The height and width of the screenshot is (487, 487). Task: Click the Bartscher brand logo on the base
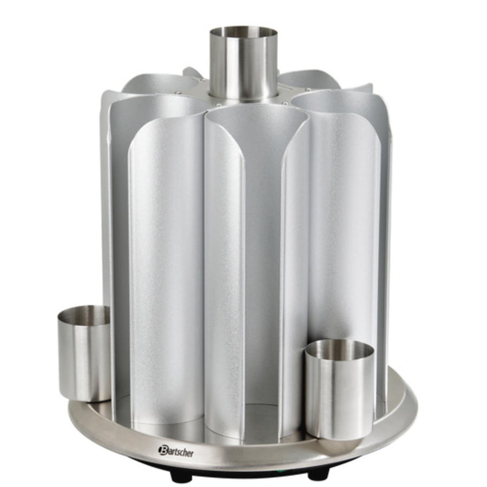[x=176, y=450]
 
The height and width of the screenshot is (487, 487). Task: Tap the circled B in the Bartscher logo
[x=162, y=449]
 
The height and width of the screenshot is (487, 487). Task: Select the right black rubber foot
[x=318, y=473]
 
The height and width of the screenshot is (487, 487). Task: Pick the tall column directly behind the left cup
[x=157, y=260]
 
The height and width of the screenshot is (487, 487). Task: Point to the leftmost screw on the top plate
[x=178, y=93]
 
